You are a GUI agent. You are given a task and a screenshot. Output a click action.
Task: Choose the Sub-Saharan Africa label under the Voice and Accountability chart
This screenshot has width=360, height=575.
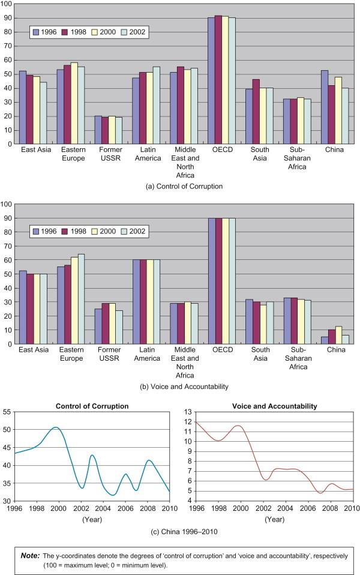[x=289, y=354]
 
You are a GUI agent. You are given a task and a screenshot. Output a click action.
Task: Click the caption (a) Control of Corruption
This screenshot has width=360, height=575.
[x=180, y=187]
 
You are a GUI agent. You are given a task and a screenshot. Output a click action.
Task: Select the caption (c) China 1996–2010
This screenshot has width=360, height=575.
[x=180, y=532]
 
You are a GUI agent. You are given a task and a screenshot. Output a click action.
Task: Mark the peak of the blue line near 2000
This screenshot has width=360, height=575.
[x=55, y=427]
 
